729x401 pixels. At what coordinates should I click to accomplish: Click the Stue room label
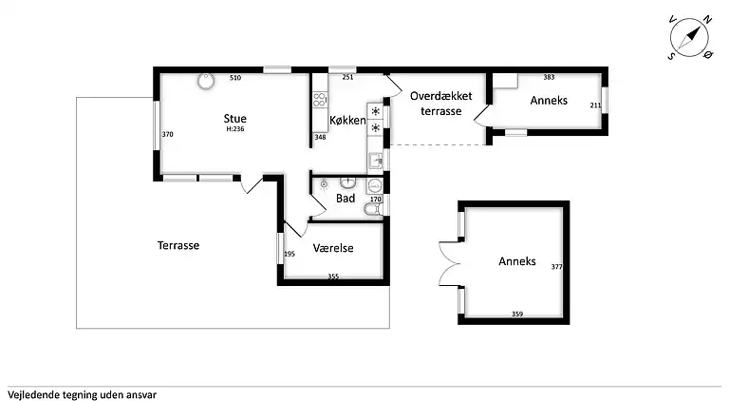coord(234,118)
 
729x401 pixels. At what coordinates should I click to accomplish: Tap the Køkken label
coord(347,120)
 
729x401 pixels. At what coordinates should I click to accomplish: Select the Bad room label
coord(346,199)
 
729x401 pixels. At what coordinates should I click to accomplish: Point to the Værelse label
coord(333,248)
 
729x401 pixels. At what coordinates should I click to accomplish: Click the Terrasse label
coord(178,245)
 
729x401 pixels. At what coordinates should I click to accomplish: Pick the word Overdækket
coord(440,96)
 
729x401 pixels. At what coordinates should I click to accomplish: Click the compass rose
coord(689,38)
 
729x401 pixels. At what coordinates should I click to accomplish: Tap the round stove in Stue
coord(205,81)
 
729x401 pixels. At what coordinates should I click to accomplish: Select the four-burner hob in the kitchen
coord(319,100)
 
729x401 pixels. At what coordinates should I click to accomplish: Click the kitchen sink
coord(376,161)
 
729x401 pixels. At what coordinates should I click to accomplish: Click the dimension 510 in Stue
coord(235,78)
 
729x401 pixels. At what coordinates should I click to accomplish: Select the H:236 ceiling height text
coord(235,129)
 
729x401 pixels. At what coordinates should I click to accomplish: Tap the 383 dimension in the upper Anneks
coord(549,77)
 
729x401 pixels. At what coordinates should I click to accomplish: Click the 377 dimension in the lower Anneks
coord(556,267)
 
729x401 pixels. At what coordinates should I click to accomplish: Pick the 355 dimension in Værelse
coord(333,276)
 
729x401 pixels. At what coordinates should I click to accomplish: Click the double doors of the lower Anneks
coord(450,264)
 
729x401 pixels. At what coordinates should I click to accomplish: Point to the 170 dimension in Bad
coord(376,200)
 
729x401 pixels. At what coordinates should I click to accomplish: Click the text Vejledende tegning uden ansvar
coord(82,395)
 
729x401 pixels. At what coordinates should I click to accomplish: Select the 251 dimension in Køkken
coord(347,77)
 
